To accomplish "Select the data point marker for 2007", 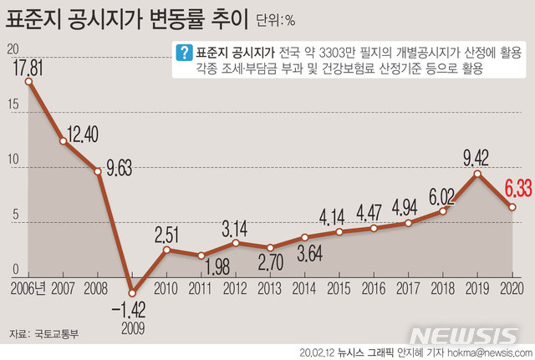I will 64,141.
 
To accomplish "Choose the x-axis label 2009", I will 132,327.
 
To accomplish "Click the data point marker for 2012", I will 236,243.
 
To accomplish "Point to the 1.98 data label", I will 201,267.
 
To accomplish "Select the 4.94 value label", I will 407,206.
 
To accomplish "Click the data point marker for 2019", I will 476,173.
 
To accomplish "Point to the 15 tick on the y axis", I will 12,105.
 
